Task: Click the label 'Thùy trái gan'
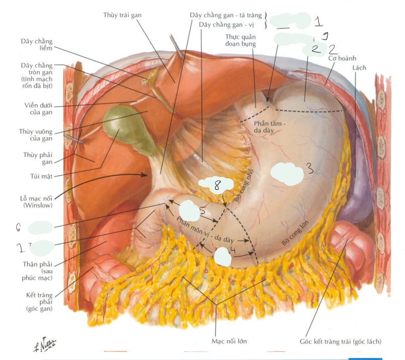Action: click(x=122, y=15)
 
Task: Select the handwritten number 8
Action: click(x=217, y=185)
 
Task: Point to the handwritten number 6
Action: click(x=18, y=228)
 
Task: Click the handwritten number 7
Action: click(x=20, y=248)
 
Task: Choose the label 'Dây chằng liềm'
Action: click(x=36, y=44)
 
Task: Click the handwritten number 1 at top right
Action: click(x=318, y=21)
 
